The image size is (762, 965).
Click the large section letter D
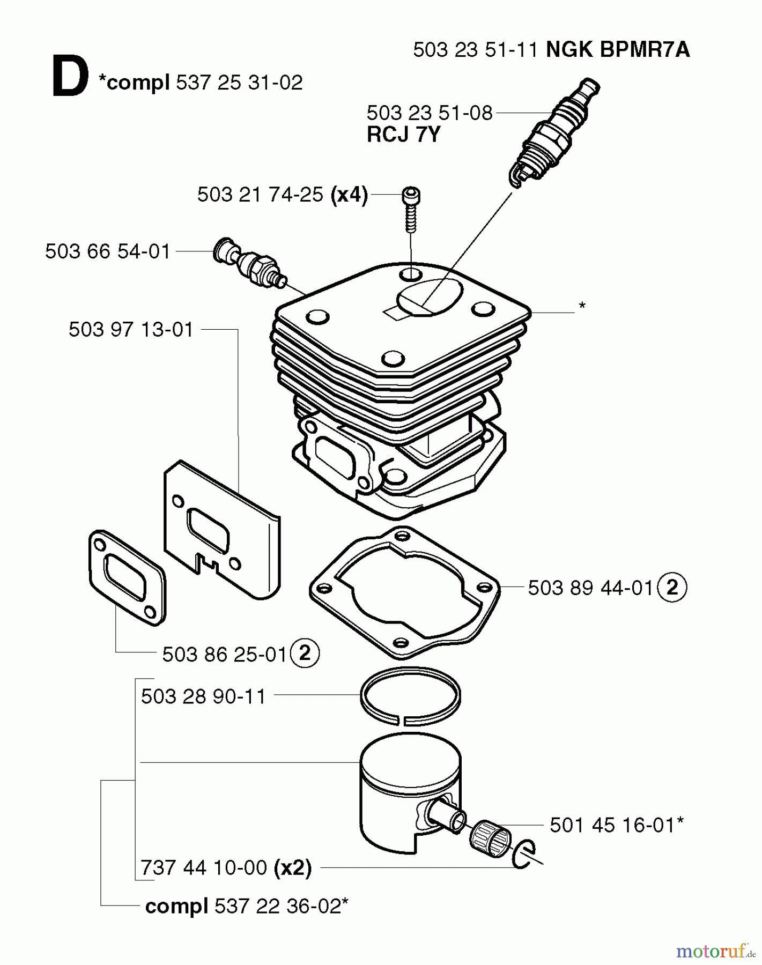(70, 78)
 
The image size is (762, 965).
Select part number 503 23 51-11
(475, 50)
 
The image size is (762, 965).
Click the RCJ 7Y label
(403, 134)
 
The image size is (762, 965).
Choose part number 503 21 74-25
(260, 195)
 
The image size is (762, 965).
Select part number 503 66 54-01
(108, 251)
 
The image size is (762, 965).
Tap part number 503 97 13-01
(131, 330)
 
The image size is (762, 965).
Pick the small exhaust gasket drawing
(127, 576)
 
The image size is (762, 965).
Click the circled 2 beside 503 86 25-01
(305, 654)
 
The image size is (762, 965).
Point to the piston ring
(411, 695)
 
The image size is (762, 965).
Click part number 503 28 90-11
(203, 696)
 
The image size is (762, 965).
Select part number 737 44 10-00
(204, 867)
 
